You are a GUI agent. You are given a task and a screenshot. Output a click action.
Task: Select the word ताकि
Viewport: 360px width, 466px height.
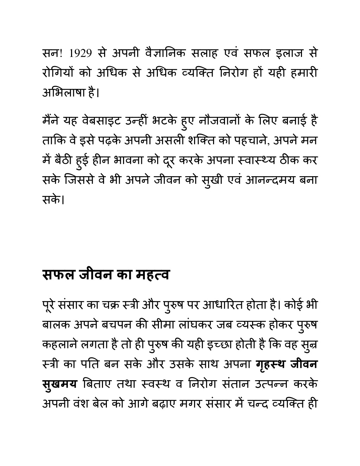coord(52,141)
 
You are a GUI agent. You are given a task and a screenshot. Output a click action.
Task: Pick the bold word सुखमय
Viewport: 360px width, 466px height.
coord(59,383)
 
